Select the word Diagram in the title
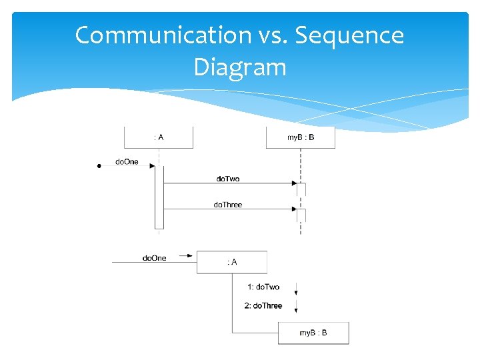pos(240,67)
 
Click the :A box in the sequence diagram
pos(159,137)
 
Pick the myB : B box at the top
pos(301,137)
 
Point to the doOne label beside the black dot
pos(127,161)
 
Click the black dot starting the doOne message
pos(99,165)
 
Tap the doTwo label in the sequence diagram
pos(228,179)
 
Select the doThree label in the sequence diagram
pos(228,205)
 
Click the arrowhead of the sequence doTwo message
pos(293,183)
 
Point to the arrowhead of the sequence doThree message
pos(293,209)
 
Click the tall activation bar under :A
pos(159,197)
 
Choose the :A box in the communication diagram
pos(232,262)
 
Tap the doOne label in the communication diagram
pos(155,258)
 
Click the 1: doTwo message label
pos(264,287)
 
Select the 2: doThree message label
pos(263,305)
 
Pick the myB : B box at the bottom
pos(313,333)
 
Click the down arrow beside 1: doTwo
pos(295,290)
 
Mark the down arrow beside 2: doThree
pos(295,309)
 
